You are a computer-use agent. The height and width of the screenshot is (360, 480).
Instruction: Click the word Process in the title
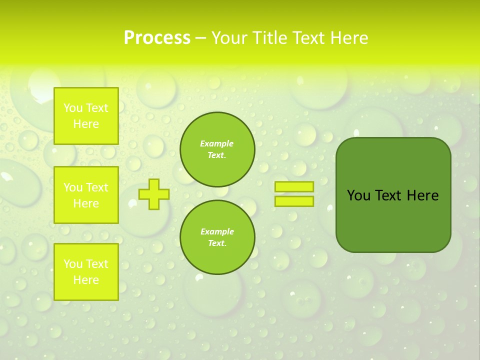157,38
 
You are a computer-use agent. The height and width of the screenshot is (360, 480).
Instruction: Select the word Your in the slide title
229,38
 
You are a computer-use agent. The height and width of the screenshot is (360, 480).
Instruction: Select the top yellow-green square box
86,116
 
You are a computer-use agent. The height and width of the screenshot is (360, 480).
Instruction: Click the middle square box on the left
86,195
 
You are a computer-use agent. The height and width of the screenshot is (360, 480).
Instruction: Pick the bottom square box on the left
86,272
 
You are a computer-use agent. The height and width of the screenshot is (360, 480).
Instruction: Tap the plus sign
154,194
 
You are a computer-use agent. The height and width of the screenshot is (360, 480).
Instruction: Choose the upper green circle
217,149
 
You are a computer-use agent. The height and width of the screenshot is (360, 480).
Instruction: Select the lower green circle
217,237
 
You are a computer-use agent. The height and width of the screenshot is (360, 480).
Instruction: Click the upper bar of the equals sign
294,187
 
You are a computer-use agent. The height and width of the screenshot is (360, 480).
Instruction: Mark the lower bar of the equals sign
294,201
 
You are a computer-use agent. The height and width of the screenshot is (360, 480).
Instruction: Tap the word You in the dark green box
358,195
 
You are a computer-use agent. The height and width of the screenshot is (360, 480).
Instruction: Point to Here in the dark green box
422,195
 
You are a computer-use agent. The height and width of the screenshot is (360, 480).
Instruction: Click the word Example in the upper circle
217,143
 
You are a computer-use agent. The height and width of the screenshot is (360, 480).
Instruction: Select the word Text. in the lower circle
217,243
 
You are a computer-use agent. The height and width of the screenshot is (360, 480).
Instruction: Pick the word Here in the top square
86,124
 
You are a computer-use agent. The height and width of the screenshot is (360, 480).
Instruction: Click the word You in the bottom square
73,264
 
